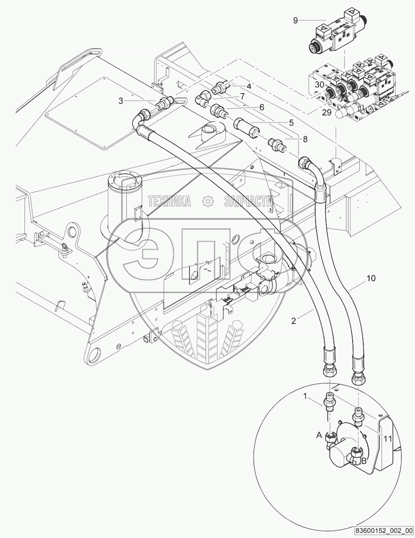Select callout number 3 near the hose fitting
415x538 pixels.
click(121, 101)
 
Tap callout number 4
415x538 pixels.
click(249, 86)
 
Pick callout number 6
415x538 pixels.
click(262, 107)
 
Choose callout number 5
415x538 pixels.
click(291, 122)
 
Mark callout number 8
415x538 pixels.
click(305, 139)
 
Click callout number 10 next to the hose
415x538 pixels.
click(371, 278)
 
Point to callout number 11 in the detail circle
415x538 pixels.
click(388, 439)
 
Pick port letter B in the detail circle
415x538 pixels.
click(364, 461)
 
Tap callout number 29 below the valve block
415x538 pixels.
click(326, 113)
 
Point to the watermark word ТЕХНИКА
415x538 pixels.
click(169, 201)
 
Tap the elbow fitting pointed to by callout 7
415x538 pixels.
click(205, 97)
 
